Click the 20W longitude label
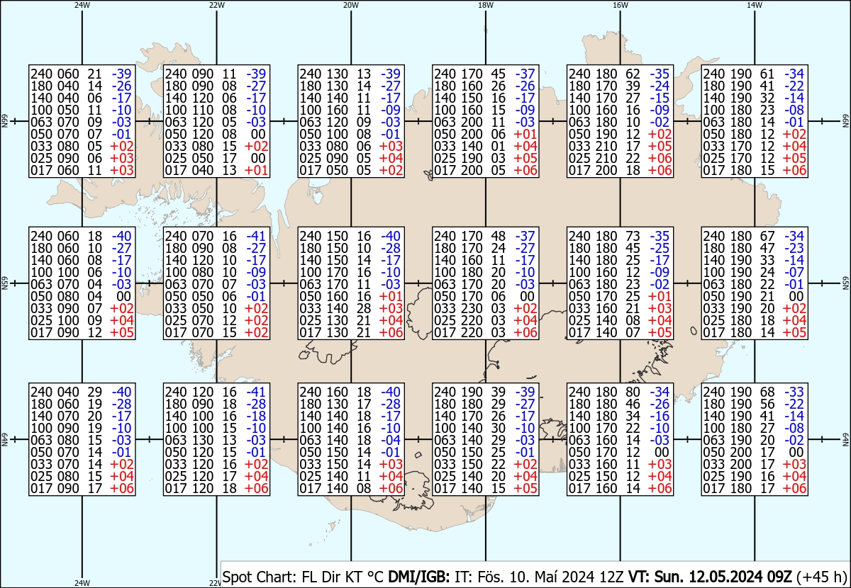click(x=350, y=5)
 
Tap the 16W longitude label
click(x=620, y=5)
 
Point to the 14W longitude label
click(x=755, y=5)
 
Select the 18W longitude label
click(x=486, y=5)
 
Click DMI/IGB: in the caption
click(x=418, y=577)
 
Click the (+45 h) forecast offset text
click(x=821, y=577)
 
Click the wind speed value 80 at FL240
click(x=633, y=392)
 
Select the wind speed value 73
click(x=633, y=236)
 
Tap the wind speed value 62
click(x=633, y=74)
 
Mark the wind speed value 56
click(x=767, y=404)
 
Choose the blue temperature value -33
click(x=794, y=392)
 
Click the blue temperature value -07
click(x=794, y=272)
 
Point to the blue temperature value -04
click(x=391, y=440)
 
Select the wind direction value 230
click(x=472, y=308)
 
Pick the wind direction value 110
click(x=203, y=110)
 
